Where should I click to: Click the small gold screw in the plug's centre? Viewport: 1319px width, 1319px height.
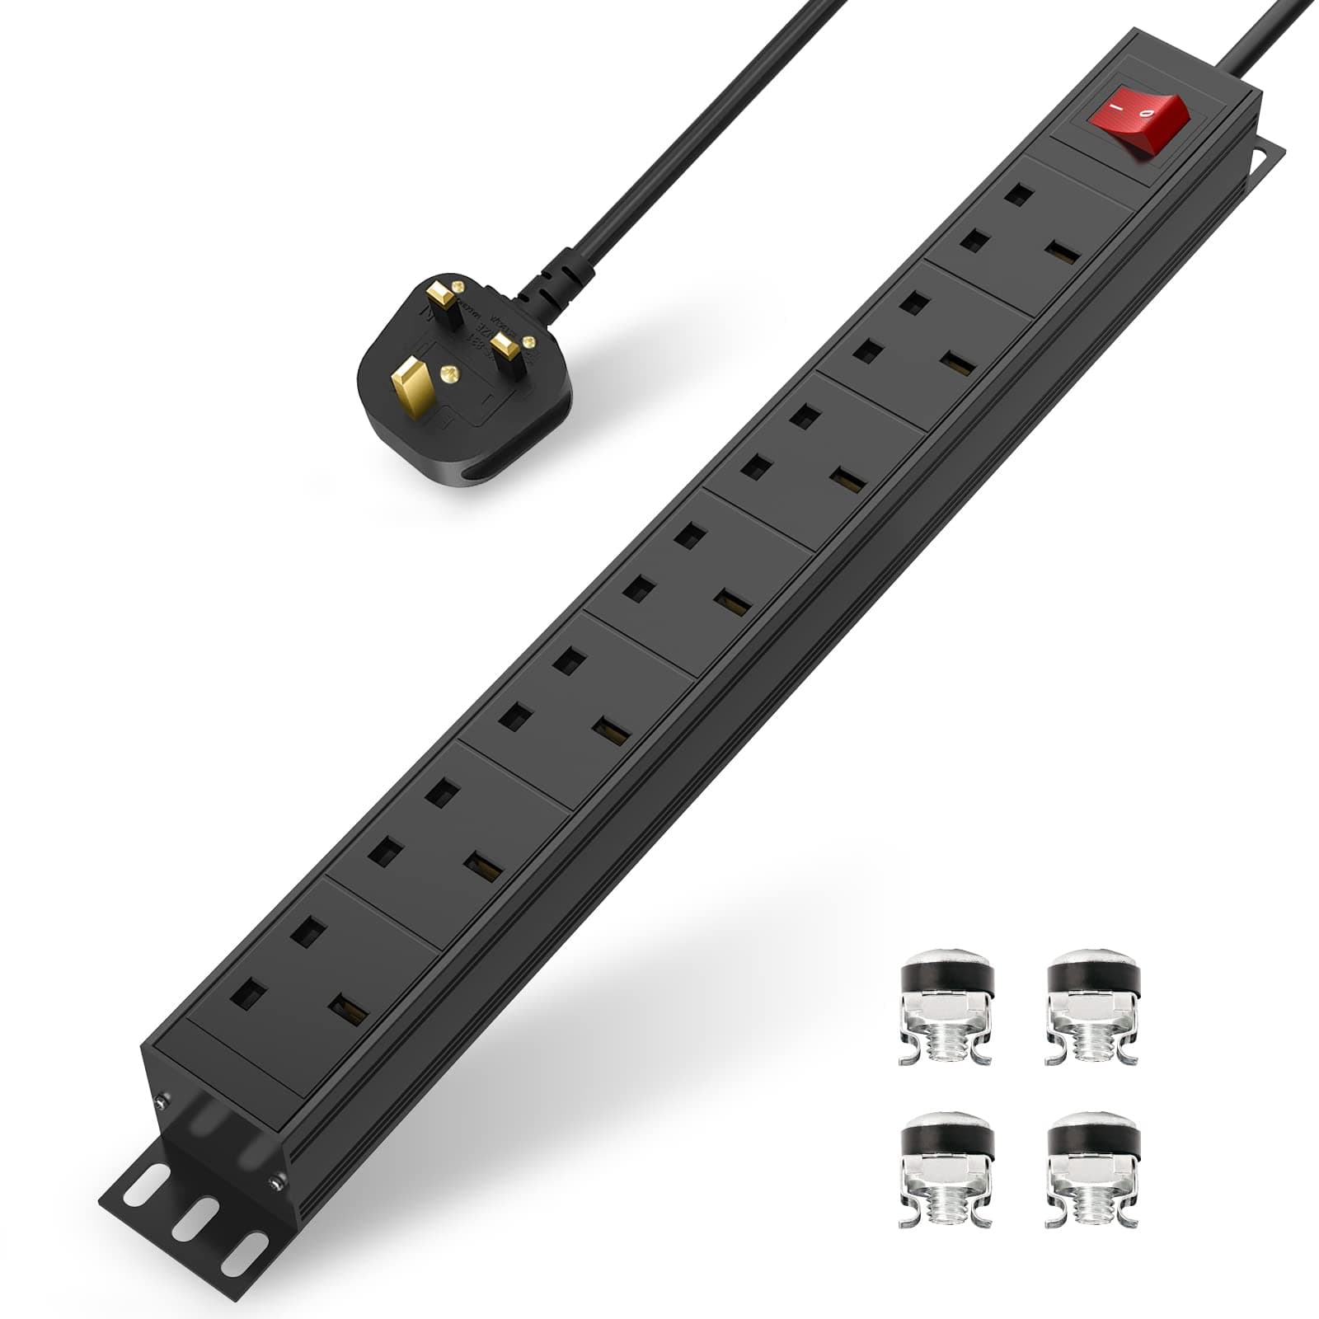coord(449,375)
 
